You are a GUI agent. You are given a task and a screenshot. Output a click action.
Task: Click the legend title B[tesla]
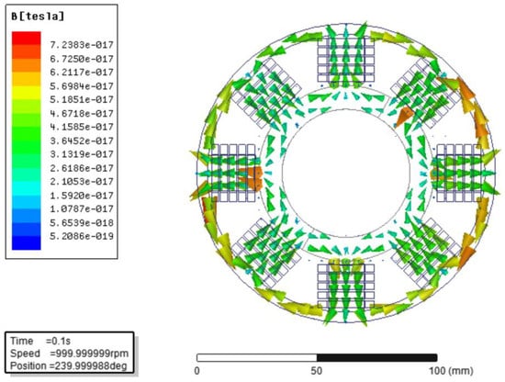[x=38, y=17]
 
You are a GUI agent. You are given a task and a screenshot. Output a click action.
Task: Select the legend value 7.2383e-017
[x=82, y=45]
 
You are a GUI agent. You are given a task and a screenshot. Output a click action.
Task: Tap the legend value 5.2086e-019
[x=82, y=236]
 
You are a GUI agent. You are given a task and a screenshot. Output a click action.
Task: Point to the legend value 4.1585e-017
[x=82, y=127]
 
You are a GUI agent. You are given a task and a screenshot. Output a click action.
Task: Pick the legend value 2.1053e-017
[x=82, y=182]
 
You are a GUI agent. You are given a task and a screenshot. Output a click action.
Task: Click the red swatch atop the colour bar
[x=27, y=38]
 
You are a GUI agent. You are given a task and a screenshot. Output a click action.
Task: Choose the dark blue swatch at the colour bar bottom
[x=27, y=242]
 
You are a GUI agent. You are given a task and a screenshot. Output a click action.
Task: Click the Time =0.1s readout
[x=40, y=341]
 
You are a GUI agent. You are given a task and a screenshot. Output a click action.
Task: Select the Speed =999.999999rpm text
[x=69, y=354]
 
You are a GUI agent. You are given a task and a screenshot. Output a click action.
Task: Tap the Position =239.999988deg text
[x=69, y=365]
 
